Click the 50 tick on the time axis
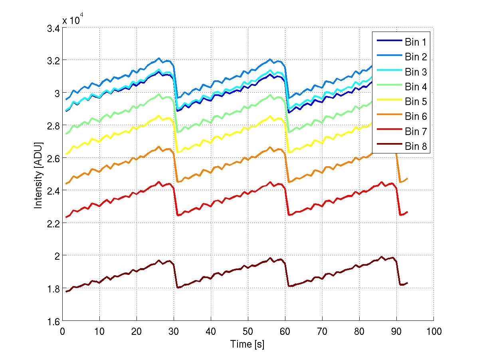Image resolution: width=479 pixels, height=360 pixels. tap(248, 331)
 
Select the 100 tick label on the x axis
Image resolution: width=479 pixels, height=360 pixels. tap(433, 331)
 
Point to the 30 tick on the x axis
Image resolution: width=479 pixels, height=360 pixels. tap(174, 331)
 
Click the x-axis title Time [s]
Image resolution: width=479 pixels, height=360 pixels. tap(247, 344)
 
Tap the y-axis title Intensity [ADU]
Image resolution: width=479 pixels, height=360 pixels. tap(38, 175)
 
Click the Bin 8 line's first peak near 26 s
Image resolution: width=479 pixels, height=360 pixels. tap(159, 261)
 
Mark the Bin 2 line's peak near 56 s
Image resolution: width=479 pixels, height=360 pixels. tap(270, 59)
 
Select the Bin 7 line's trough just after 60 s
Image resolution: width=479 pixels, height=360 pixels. tap(289, 215)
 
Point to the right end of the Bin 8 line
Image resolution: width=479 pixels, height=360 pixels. tap(408, 283)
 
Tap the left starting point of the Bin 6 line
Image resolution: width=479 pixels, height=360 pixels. tap(66, 183)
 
